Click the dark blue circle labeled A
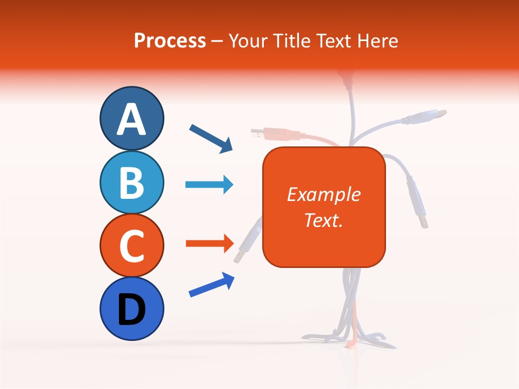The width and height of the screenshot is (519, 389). pos(131,118)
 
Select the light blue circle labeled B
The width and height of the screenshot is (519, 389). pos(131,182)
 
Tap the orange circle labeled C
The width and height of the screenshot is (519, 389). pos(131,245)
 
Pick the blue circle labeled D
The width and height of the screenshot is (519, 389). pos(131,308)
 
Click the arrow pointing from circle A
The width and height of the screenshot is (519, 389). pos(211,138)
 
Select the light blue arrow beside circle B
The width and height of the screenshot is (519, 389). pos(209,185)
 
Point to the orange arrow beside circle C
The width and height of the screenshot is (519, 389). pos(209,244)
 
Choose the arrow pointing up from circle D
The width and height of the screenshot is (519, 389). pos(211,285)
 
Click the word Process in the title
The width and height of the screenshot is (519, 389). pos(170,41)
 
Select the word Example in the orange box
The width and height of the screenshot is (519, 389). pos(323,194)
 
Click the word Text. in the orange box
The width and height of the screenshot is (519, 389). pos(323,220)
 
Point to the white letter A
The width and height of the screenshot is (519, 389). pos(131,119)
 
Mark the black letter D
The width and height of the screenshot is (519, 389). pos(131,310)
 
